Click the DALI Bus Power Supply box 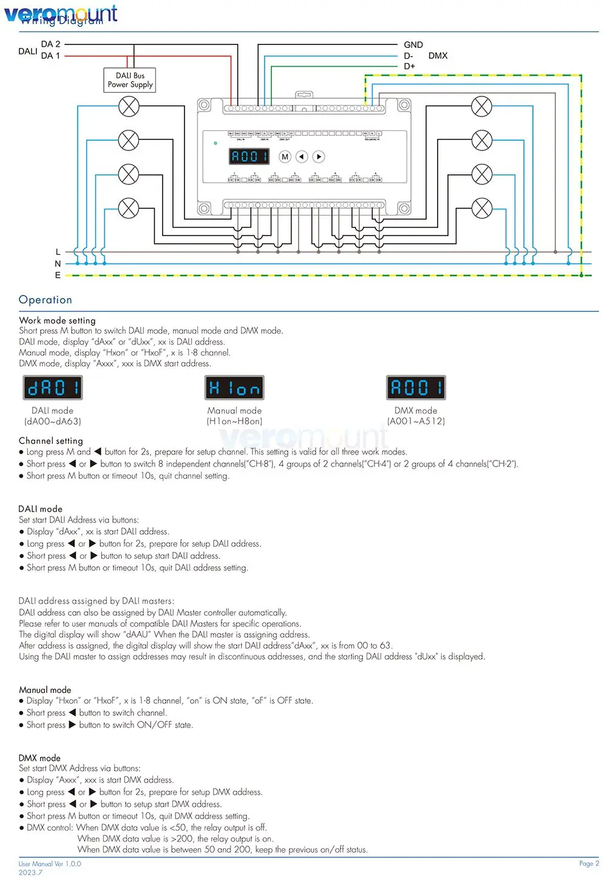pyautogui.click(x=130, y=80)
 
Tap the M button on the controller pyautogui.click(x=285, y=157)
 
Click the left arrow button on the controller pyautogui.click(x=302, y=157)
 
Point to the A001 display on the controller pyautogui.click(x=249, y=157)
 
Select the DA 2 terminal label pyautogui.click(x=50, y=44)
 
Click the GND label pyautogui.click(x=413, y=45)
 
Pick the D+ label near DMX pyautogui.click(x=410, y=66)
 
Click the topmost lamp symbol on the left pyautogui.click(x=129, y=107)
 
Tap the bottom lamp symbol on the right pyautogui.click(x=482, y=208)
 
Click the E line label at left pyautogui.click(x=58, y=275)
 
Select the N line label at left pyautogui.click(x=58, y=264)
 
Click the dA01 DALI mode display pyautogui.click(x=53, y=388)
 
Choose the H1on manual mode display pyautogui.click(x=234, y=388)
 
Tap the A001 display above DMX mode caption pyautogui.click(x=416, y=388)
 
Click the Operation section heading pyautogui.click(x=46, y=300)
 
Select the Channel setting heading pyautogui.click(x=51, y=441)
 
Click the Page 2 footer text pyautogui.click(x=588, y=863)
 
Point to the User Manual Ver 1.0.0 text pyautogui.click(x=50, y=864)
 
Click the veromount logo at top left pyautogui.click(x=61, y=13)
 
